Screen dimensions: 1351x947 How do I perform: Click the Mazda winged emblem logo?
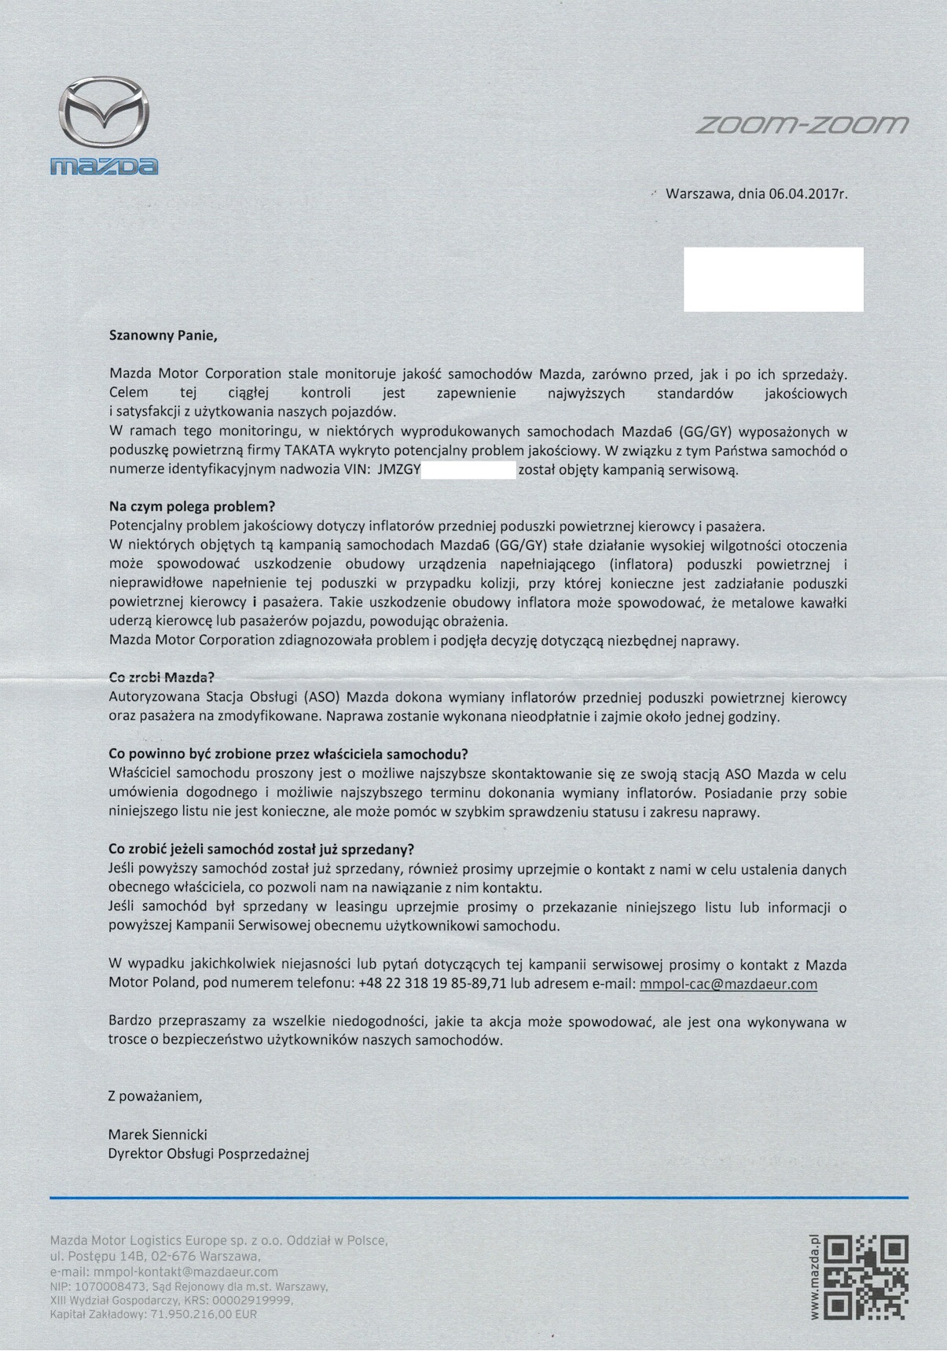105,114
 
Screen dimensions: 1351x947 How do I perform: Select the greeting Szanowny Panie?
163,336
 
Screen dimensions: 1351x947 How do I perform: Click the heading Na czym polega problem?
192,506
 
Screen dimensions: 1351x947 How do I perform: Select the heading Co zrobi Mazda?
161,677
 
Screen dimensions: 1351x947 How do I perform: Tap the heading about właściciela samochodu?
288,754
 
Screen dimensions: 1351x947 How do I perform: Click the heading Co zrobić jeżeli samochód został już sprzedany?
261,850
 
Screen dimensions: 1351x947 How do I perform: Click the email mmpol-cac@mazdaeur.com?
729,984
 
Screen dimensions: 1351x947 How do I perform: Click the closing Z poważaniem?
155,1096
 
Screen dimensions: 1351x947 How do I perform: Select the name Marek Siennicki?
158,1135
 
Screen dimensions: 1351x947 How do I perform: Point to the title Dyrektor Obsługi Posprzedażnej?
209,1155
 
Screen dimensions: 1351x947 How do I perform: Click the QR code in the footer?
868,1277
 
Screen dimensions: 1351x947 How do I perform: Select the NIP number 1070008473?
110,1287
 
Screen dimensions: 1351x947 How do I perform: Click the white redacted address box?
773,279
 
